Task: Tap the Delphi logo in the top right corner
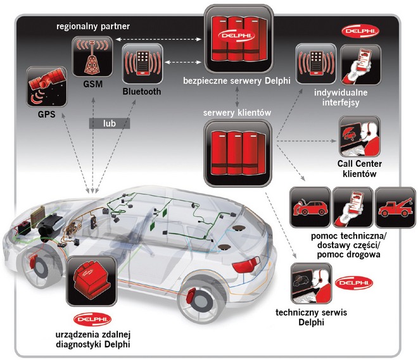359,30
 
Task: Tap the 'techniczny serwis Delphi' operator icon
312,285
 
